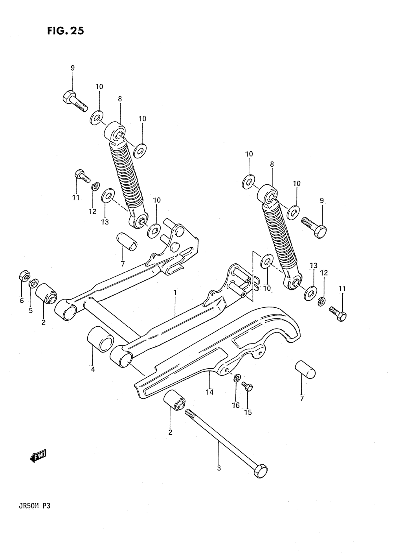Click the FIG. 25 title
point(66,30)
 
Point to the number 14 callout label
point(209,392)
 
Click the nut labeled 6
point(24,276)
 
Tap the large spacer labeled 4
point(100,339)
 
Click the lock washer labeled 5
point(33,283)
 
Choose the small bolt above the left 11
point(82,176)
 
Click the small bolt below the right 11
point(338,313)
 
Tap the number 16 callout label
point(236,405)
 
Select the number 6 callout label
point(22,301)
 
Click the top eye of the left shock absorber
point(115,133)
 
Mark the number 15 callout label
point(248,412)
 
